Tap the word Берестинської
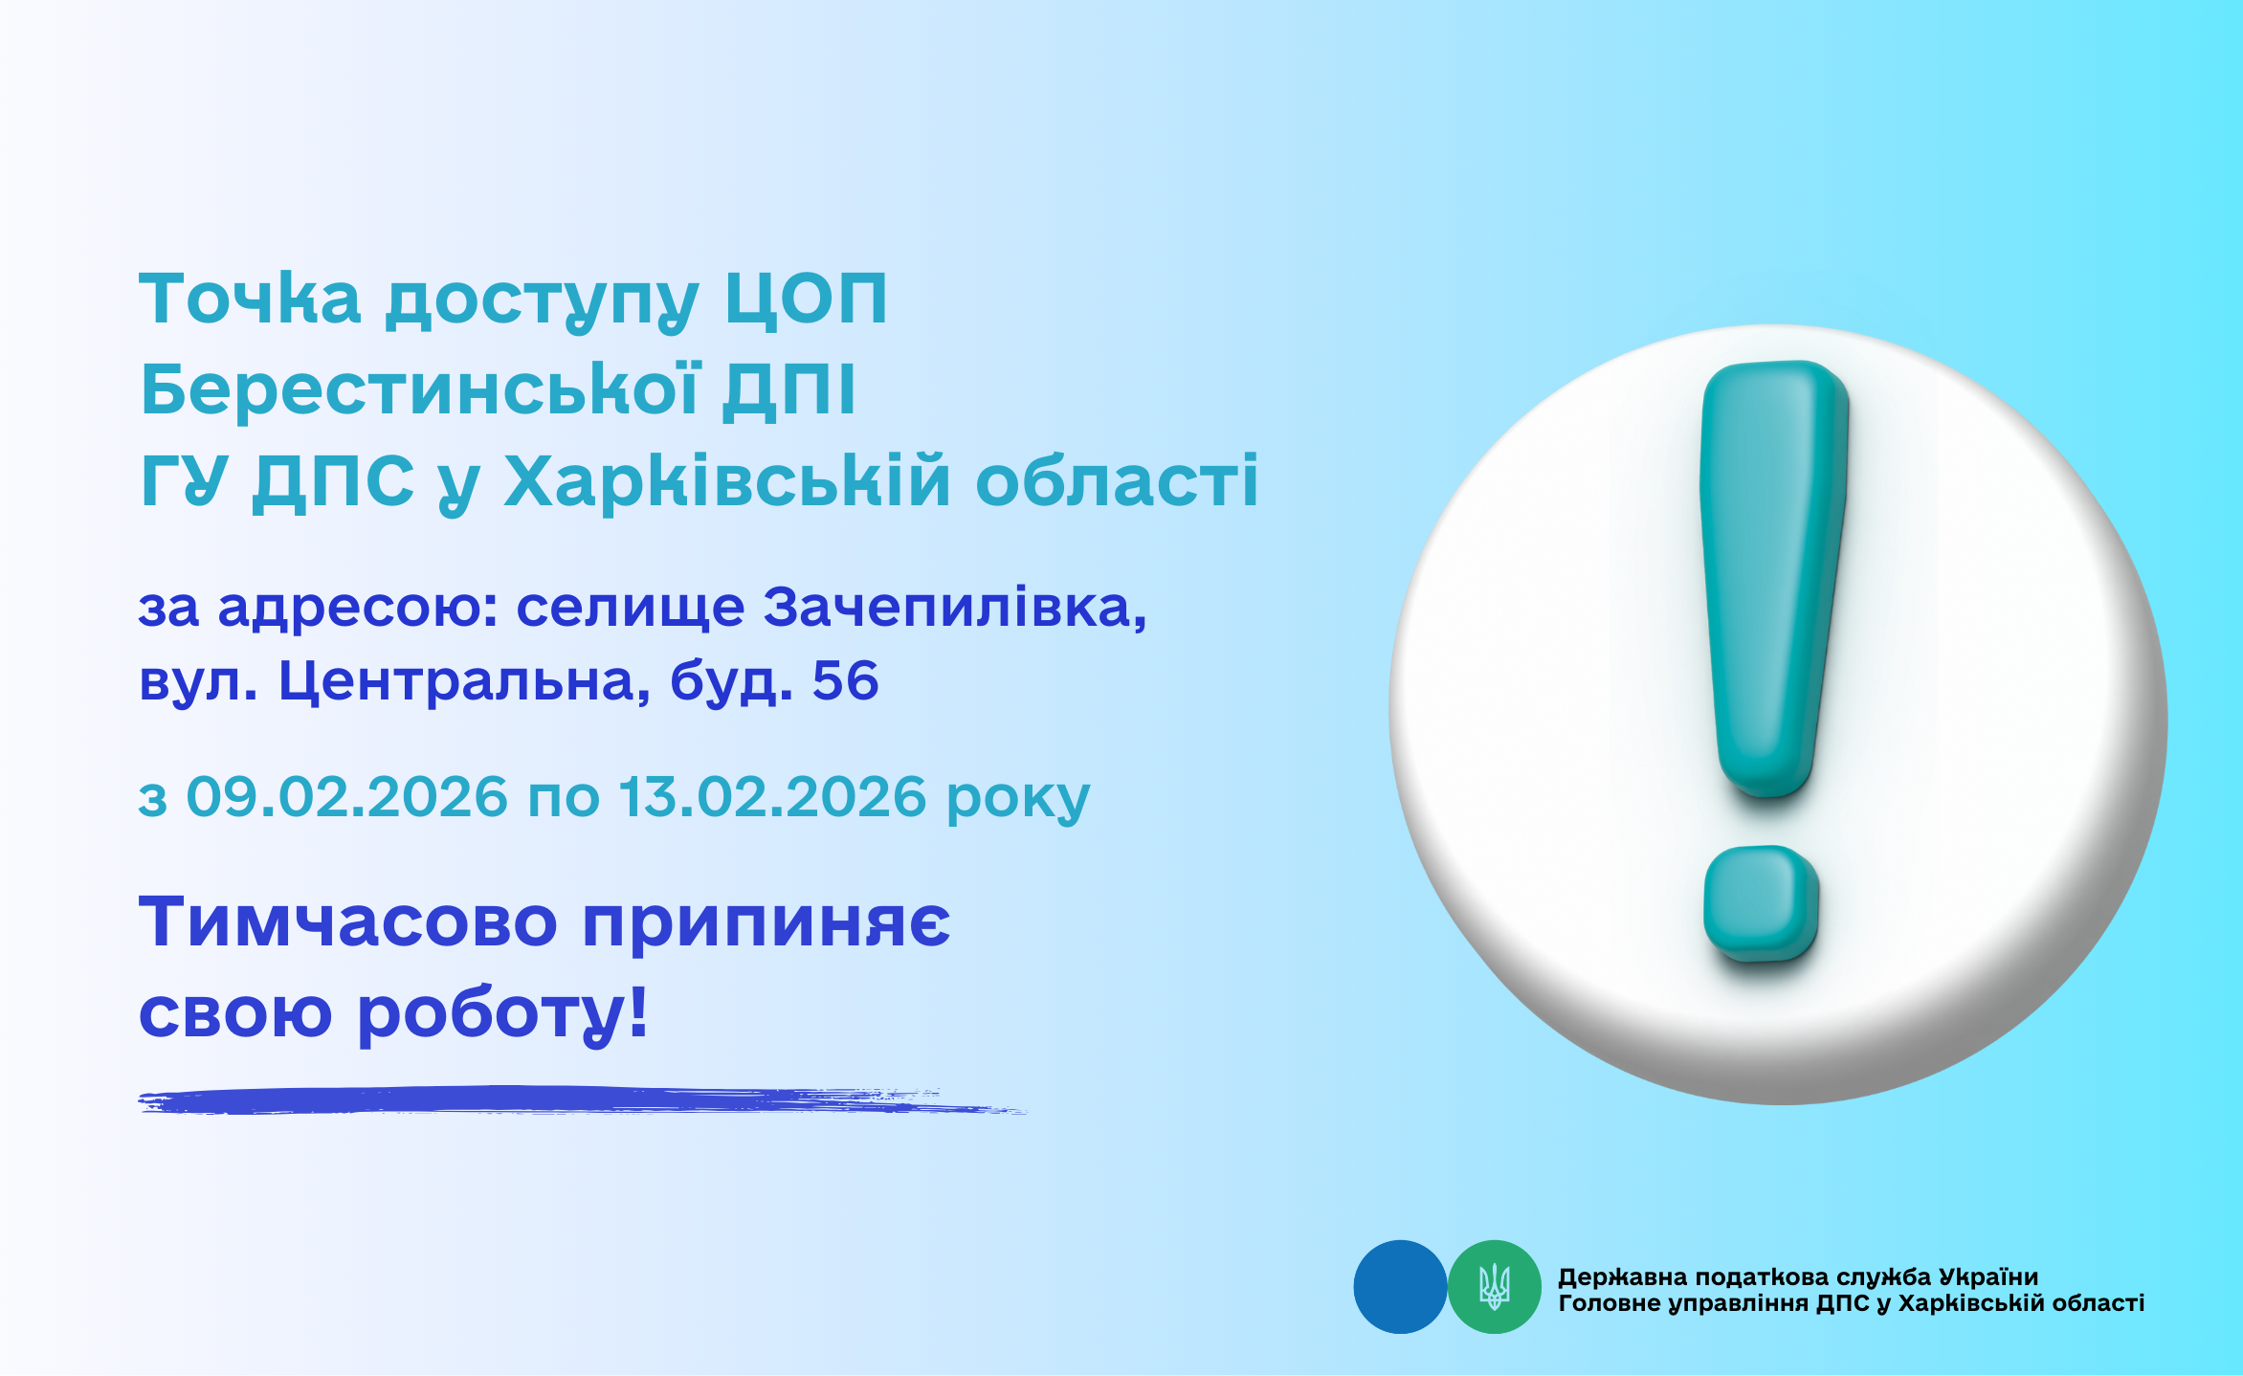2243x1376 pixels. point(420,389)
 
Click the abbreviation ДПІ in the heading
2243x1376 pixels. point(789,391)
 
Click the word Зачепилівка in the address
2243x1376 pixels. point(954,608)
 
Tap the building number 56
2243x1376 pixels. point(846,681)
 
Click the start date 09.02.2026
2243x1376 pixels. point(346,796)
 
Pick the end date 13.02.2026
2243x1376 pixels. point(773,796)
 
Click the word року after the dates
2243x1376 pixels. point(1018,801)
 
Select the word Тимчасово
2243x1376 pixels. point(348,921)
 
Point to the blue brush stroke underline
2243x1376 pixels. point(583,1100)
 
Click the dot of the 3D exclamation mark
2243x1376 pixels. point(1761,903)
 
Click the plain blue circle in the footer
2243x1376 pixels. point(1400,1287)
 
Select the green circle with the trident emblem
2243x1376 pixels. point(1495,1287)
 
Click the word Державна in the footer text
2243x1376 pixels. point(1622,1277)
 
